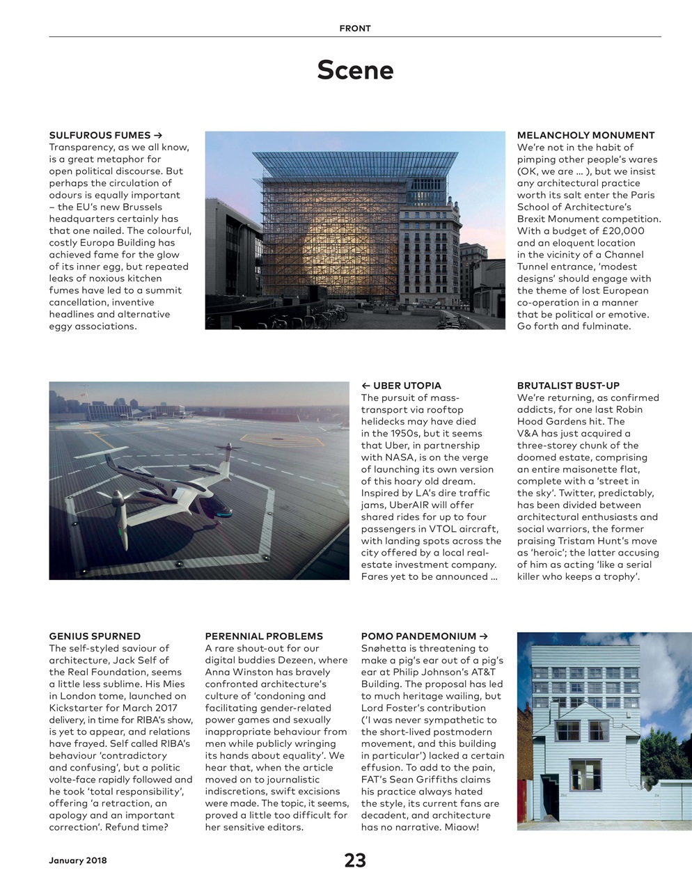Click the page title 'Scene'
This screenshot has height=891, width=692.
(x=355, y=70)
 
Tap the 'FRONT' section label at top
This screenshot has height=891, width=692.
(x=355, y=29)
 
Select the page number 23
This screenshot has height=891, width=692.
(x=355, y=860)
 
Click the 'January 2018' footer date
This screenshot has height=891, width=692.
(x=78, y=860)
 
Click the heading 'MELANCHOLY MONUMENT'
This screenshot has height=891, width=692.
(x=585, y=135)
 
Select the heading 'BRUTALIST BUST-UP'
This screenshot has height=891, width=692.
(x=568, y=386)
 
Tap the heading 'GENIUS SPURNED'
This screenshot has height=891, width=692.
(x=95, y=636)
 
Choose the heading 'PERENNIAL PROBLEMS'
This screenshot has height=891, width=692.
(x=264, y=636)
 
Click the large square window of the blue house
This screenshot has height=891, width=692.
(x=585, y=775)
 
